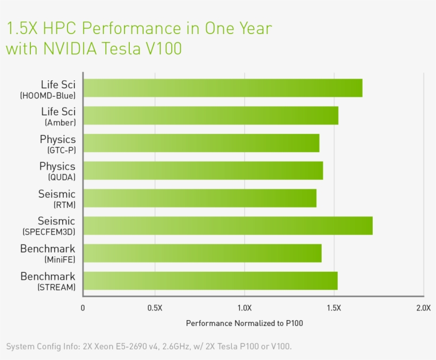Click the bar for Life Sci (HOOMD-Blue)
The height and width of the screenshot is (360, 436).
pyautogui.click(x=223, y=88)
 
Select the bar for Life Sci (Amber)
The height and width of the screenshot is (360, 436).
pyautogui.click(x=211, y=115)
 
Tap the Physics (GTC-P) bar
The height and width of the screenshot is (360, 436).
pyautogui.click(x=202, y=143)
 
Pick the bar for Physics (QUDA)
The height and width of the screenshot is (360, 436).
pyautogui.click(x=203, y=171)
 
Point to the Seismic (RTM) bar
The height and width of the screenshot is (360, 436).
pyautogui.click(x=200, y=198)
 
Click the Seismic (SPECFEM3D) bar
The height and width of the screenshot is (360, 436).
pyautogui.click(x=228, y=225)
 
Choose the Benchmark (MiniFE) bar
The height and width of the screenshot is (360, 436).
pyautogui.click(x=203, y=253)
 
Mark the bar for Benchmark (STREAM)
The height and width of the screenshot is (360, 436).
pyautogui.click(x=211, y=281)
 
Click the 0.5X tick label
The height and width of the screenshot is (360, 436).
pyautogui.click(x=155, y=308)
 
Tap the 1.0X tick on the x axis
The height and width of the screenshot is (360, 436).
pyautogui.click(x=245, y=308)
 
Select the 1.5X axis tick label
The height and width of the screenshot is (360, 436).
pyautogui.click(x=334, y=308)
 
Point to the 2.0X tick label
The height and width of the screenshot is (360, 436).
pyautogui.click(x=423, y=308)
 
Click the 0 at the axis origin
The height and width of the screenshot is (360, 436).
pyautogui.click(x=82, y=308)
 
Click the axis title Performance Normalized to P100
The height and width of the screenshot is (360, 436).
pyautogui.click(x=244, y=323)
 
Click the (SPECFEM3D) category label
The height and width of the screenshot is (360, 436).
pyautogui.click(x=48, y=232)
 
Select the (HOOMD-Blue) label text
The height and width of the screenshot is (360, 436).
pyautogui.click(x=48, y=96)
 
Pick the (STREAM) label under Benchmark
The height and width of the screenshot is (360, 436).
pyautogui.click(x=56, y=288)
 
